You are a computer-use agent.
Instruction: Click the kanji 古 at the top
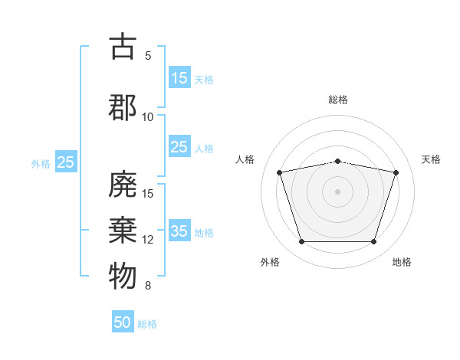tap(123, 46)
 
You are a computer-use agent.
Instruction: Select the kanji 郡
tap(123, 107)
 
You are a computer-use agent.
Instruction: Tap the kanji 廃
tap(123, 184)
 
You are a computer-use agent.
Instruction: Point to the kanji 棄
tap(123, 230)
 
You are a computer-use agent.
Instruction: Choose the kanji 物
tap(123, 276)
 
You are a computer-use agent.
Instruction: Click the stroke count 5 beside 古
tap(148, 56)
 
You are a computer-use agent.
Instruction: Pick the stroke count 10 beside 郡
tap(147, 117)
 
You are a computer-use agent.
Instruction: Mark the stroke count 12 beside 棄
tap(147, 240)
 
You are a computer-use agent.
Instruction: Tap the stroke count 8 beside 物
tap(148, 286)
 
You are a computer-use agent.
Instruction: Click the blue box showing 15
tap(180, 77)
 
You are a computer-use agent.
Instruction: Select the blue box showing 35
tap(180, 230)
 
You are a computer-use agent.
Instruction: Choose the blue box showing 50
tap(123, 321)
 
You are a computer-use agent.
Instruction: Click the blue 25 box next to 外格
tap(66, 162)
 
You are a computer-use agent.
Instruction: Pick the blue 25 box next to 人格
tap(180, 146)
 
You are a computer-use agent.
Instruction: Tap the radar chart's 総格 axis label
tap(338, 100)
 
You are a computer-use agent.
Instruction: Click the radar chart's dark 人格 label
tap(245, 159)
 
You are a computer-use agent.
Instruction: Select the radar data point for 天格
tap(396, 172)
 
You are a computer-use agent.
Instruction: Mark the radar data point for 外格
tap(302, 241)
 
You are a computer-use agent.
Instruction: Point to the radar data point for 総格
tap(338, 162)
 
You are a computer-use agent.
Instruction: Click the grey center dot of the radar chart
tap(337, 191)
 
